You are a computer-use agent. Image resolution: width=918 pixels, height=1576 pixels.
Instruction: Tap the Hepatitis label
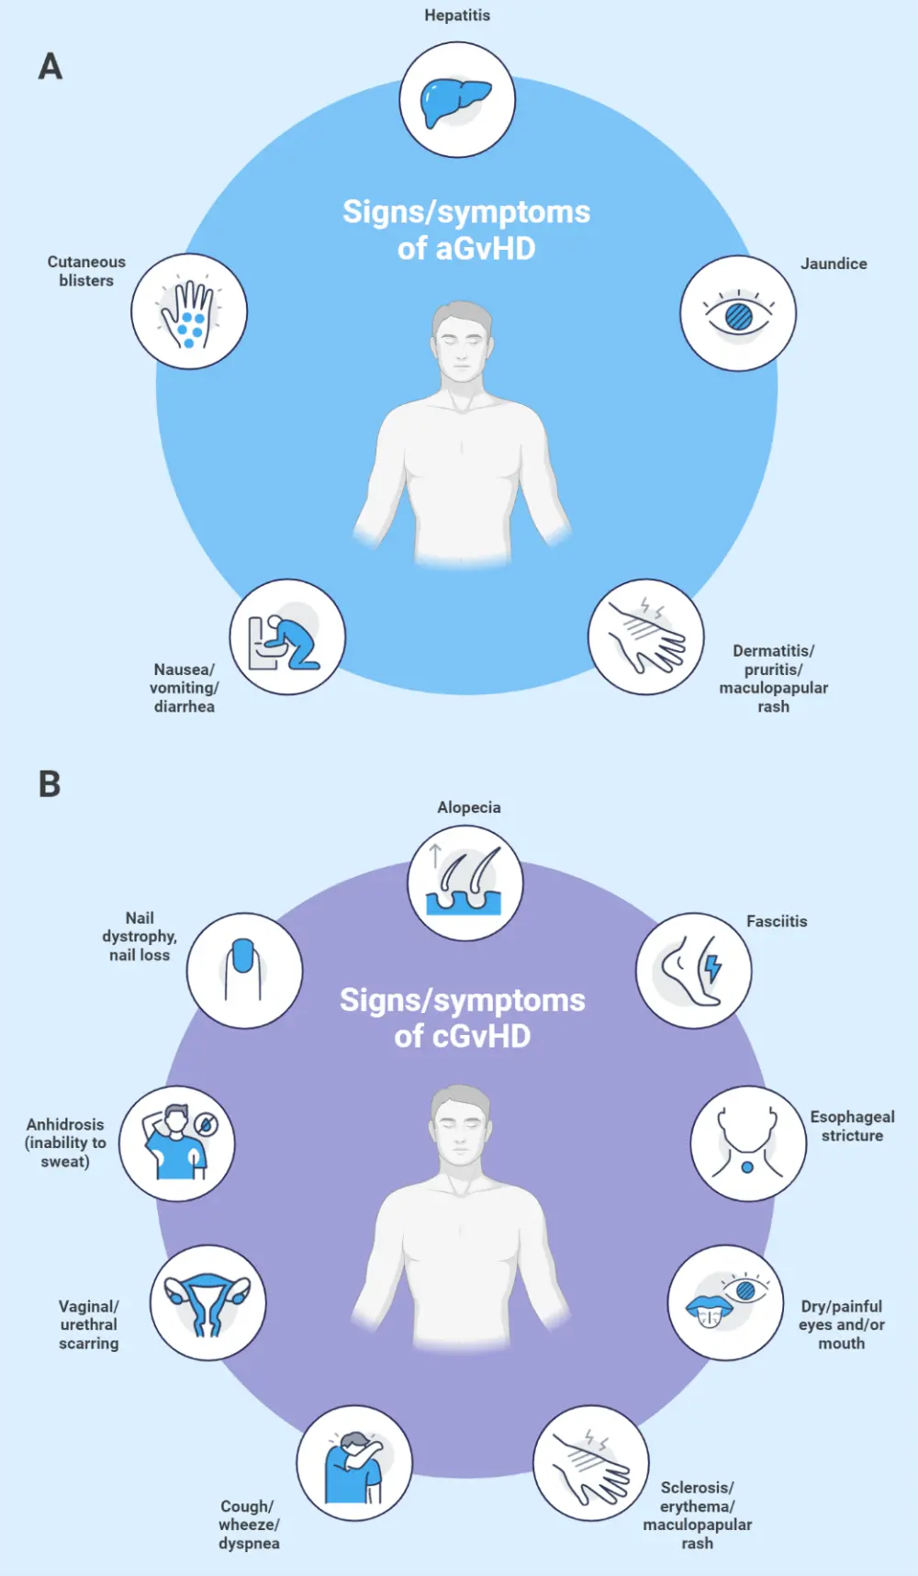click(x=457, y=16)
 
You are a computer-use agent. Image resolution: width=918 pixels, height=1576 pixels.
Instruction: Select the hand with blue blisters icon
click(x=189, y=312)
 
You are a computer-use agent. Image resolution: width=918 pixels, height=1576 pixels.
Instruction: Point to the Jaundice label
click(x=834, y=264)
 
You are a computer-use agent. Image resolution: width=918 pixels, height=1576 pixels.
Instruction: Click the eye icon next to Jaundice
click(x=738, y=314)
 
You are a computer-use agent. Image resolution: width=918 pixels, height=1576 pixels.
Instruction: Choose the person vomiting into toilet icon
click(x=286, y=637)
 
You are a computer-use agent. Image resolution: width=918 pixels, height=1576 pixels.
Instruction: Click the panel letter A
click(x=50, y=67)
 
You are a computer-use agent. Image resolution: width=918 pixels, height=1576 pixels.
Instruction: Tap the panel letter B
click(x=50, y=784)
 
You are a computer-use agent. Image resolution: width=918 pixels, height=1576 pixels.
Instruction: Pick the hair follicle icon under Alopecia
click(x=465, y=883)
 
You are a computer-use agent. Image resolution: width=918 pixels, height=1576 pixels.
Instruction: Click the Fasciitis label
click(x=777, y=921)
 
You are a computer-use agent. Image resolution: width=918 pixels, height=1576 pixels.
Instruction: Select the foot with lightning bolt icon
click(x=694, y=971)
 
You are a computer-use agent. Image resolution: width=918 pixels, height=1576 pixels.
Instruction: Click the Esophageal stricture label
click(x=852, y=1126)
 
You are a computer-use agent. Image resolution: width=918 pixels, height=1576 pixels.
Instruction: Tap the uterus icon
click(x=207, y=1303)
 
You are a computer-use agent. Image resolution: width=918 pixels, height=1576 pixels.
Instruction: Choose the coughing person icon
click(x=353, y=1463)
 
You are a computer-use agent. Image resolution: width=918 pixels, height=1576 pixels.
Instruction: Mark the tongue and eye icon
click(x=725, y=1303)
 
